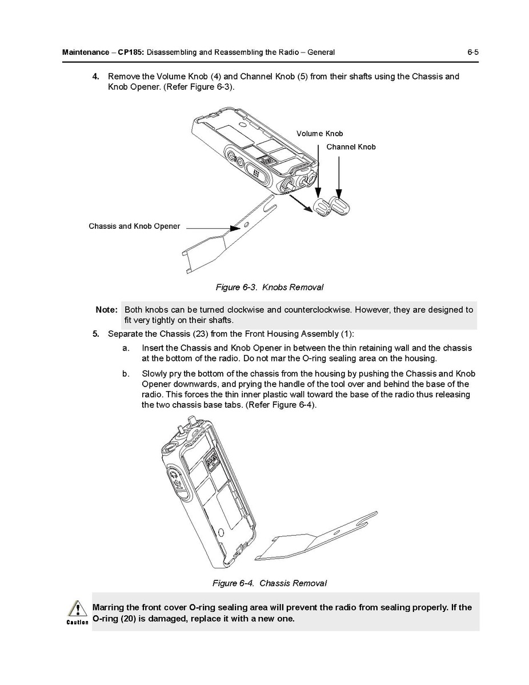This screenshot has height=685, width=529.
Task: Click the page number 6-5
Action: (x=472, y=53)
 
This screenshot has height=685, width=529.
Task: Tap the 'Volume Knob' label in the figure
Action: (x=319, y=134)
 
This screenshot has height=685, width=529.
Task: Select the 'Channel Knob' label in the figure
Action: (x=351, y=147)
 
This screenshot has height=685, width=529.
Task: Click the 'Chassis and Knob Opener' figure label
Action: (x=134, y=226)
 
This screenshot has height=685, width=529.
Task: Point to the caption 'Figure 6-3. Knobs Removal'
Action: (x=269, y=287)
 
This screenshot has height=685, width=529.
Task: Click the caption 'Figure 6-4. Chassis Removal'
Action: (x=269, y=583)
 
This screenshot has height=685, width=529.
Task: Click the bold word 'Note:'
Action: (x=107, y=310)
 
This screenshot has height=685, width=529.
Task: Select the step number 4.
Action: (x=96, y=76)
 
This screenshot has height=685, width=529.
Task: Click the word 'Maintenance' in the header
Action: (x=85, y=53)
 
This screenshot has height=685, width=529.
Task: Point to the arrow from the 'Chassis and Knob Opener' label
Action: (x=211, y=229)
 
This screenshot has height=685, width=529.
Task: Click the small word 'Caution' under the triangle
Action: (x=77, y=622)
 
